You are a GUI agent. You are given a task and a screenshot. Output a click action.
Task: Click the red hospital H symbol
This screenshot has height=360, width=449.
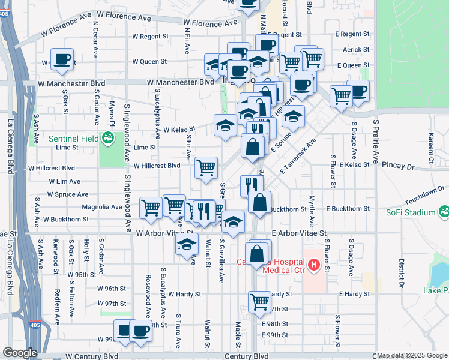coord(313,265)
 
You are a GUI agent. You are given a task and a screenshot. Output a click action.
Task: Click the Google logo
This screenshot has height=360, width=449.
coord(19,353)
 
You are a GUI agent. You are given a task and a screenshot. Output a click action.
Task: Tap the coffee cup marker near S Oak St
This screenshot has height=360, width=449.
coord(62,59)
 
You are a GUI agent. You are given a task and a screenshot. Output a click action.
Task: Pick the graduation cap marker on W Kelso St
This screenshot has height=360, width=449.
coord(225,125)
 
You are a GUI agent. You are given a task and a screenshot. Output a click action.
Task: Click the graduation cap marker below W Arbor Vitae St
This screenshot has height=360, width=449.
coord(187,244)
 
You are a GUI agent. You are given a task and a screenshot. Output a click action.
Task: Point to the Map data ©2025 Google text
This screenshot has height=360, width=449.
coord(412,355)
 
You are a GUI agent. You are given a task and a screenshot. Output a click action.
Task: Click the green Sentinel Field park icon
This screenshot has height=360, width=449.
coord(109,139)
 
